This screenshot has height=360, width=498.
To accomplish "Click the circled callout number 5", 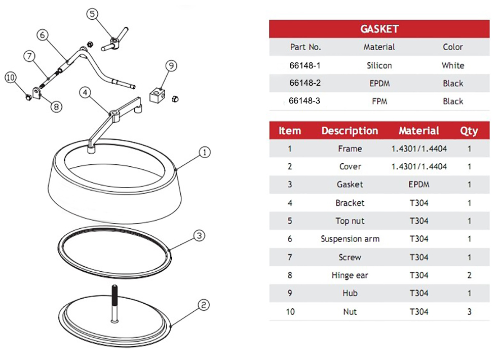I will point(92,14).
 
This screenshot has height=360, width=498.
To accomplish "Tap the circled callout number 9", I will point(172,65).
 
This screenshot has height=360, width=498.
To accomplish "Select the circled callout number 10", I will point(11,78).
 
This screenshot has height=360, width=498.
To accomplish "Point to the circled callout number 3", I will point(200,235).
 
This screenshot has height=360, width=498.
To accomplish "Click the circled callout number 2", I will point(203,305).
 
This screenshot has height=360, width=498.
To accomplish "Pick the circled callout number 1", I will point(204,152).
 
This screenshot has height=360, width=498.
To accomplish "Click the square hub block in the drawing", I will point(158,94).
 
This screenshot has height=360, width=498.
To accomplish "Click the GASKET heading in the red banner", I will point(379,29).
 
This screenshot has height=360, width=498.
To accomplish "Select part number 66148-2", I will point(305,83).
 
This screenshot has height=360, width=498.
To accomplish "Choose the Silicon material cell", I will point(379,65).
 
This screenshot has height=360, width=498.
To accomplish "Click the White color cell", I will point(452,65).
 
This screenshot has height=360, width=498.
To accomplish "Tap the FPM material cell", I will point(379,101).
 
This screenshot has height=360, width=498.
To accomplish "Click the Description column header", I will point(350,131).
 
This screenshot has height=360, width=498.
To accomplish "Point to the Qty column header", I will point(469,131).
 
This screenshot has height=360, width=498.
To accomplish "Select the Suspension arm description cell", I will point(350,239).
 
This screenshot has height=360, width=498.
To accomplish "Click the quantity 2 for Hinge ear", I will point(469,275).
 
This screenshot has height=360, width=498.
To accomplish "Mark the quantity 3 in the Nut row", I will point(469,311).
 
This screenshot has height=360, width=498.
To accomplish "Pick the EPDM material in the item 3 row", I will point(418,185).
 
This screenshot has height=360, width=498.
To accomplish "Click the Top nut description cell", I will point(350,221).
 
